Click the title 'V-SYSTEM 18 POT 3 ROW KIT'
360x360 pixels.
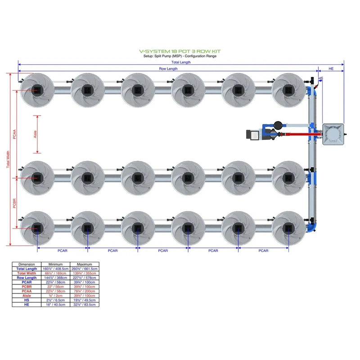(180, 52)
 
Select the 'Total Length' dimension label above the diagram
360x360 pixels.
(180, 62)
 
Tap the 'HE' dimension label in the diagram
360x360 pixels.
(331, 69)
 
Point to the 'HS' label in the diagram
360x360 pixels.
(320, 78)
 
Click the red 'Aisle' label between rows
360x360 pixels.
(35, 135)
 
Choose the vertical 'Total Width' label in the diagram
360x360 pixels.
(8, 159)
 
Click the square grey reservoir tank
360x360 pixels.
(333, 134)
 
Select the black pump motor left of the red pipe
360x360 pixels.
(252, 134)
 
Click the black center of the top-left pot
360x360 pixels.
(37, 90)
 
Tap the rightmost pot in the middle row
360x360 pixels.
(288, 178)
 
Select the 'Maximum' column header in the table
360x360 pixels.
(85, 264)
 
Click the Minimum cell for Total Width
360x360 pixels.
(56, 273)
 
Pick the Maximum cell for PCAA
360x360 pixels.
(85, 291)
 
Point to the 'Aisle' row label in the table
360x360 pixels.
(27, 296)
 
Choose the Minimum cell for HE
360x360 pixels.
(56, 305)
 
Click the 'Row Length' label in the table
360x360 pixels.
(27, 278)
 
